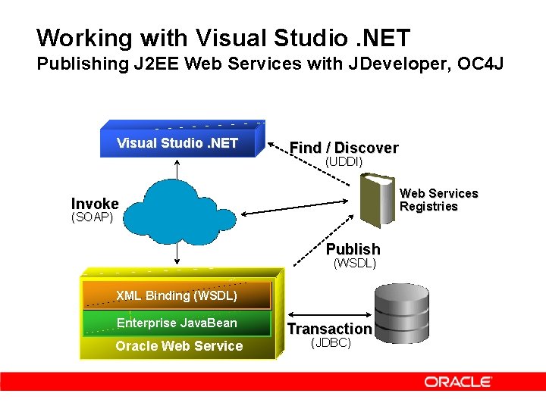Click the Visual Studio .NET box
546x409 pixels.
[x=177, y=143]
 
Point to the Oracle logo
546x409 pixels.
[x=458, y=382]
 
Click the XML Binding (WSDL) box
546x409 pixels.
[x=177, y=295]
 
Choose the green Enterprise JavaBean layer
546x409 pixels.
[x=177, y=323]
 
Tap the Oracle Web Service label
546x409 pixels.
[x=179, y=346]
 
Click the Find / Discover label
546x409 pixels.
[x=344, y=148]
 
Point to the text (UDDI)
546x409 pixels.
[x=344, y=162]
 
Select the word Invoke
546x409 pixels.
[x=95, y=203]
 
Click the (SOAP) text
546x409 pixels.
[x=92, y=217]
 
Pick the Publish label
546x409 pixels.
[x=353, y=249]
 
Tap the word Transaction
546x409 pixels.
[x=328, y=329]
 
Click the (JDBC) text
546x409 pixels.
[x=331, y=342]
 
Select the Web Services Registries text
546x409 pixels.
[x=438, y=200]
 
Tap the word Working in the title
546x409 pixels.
[x=74, y=37]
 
